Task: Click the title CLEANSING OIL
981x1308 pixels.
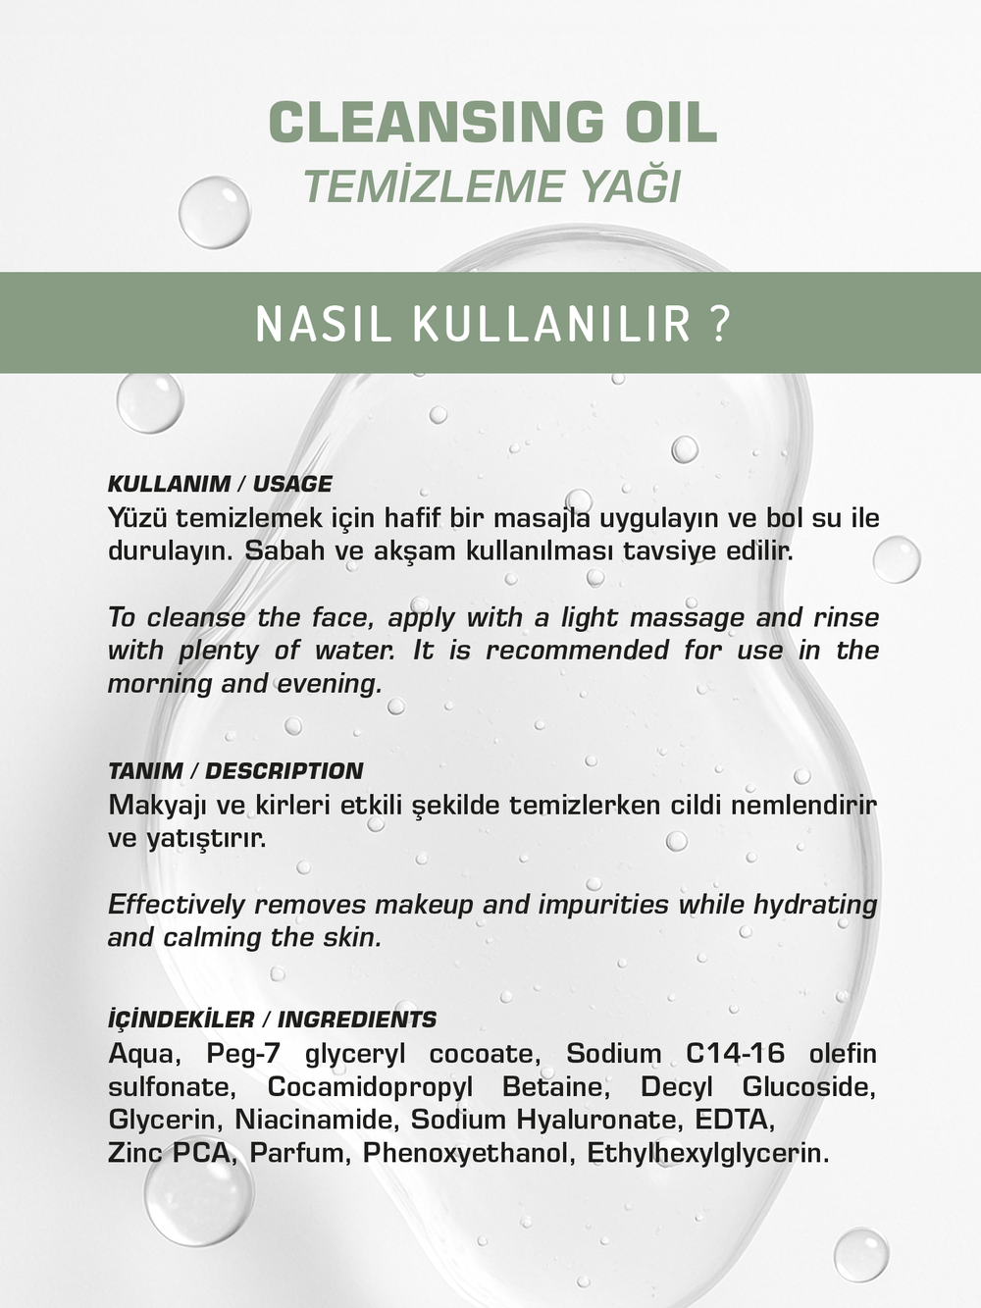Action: click(492, 123)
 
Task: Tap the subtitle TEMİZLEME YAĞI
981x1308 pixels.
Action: click(491, 186)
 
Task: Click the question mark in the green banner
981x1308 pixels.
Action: click(719, 324)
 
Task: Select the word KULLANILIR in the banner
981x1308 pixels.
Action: click(551, 324)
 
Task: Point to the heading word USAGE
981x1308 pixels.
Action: click(292, 484)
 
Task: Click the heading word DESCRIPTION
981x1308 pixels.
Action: click(284, 771)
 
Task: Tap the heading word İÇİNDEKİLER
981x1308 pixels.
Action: click(181, 1020)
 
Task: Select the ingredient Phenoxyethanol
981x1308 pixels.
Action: click(466, 1153)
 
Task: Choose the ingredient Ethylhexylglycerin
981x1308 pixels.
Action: click(707, 1153)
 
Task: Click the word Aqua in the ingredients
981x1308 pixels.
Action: click(141, 1054)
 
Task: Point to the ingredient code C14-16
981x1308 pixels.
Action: click(735, 1054)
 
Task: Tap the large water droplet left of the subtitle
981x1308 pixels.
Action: click(214, 212)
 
